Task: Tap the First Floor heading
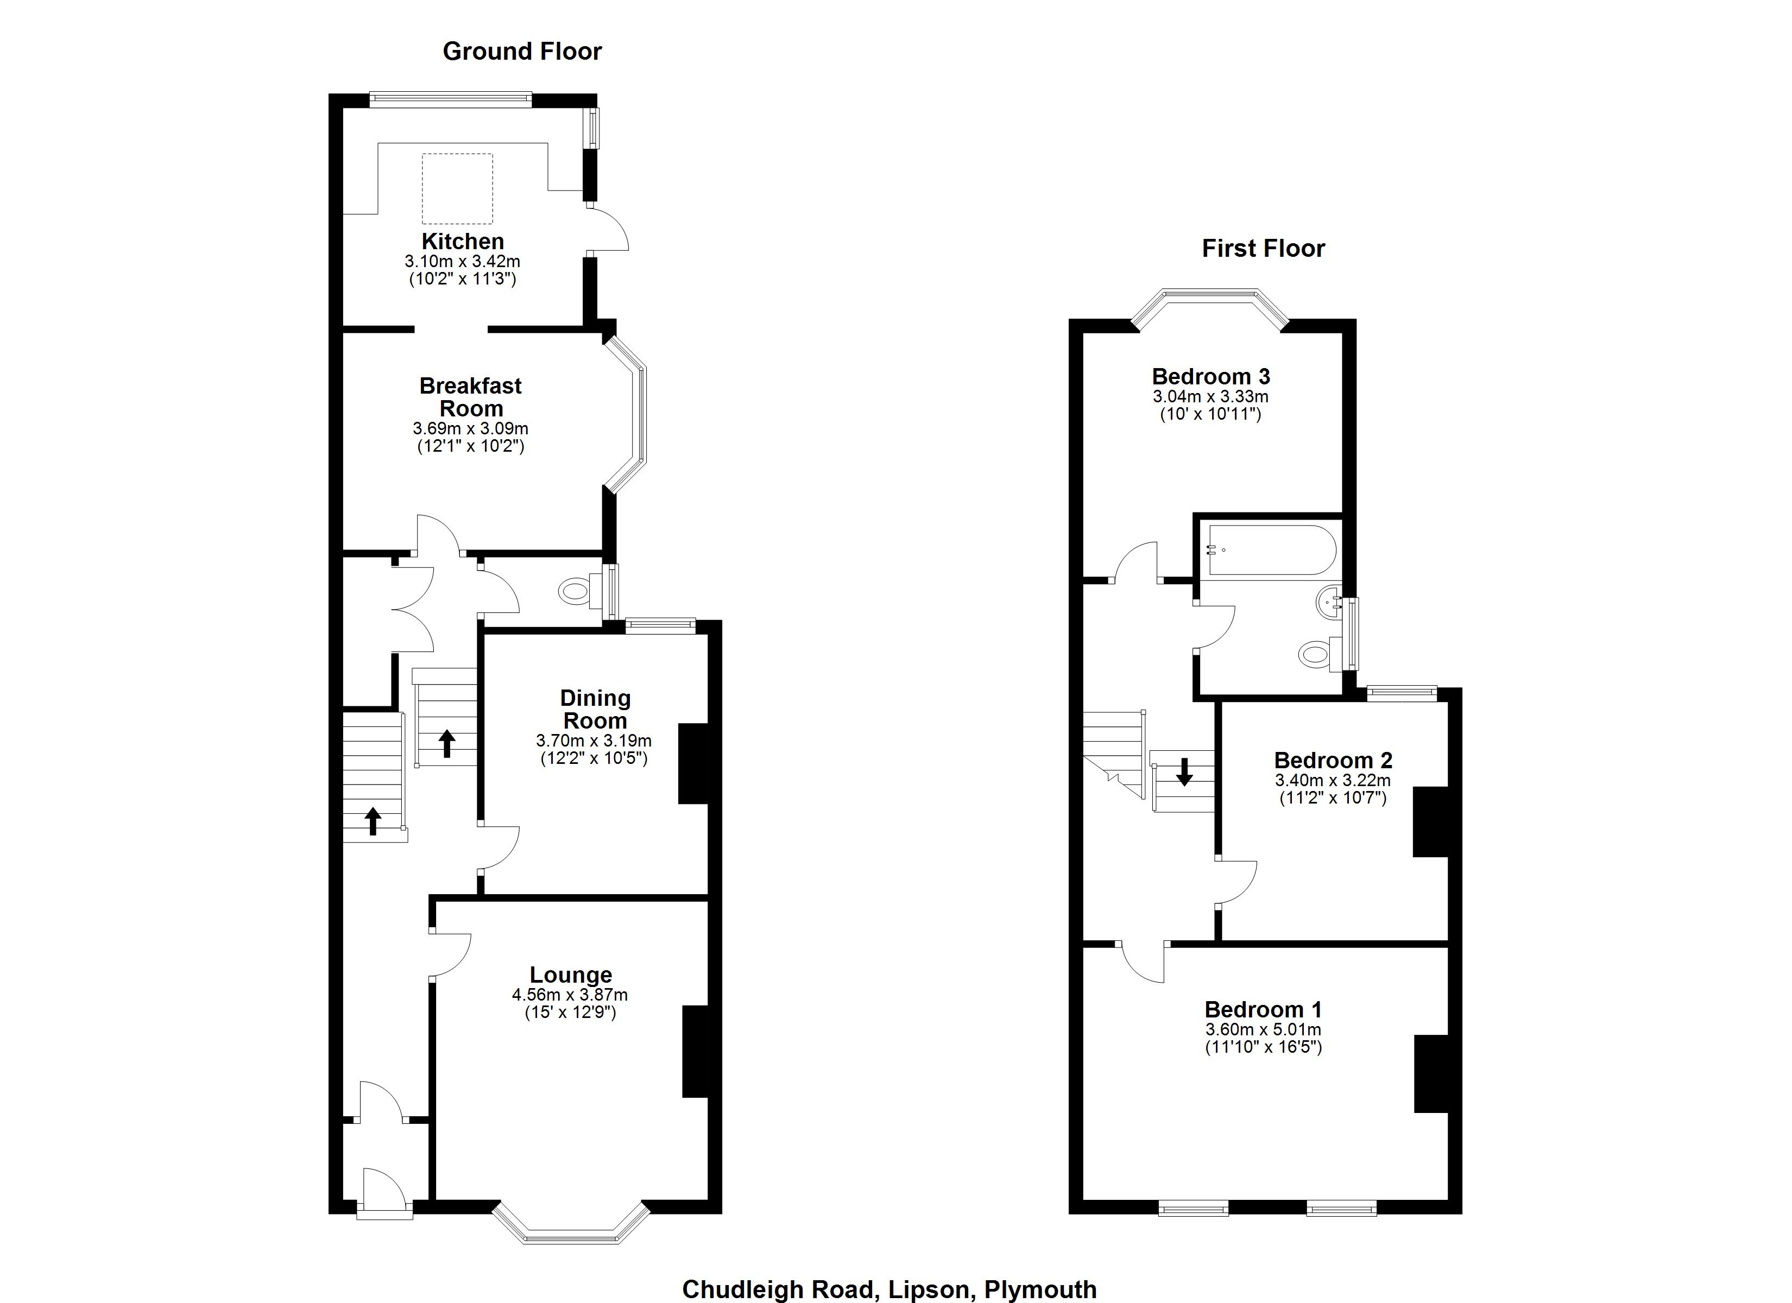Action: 1263,248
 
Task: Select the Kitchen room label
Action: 462,241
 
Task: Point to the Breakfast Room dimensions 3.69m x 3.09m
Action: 470,429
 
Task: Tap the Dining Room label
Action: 595,709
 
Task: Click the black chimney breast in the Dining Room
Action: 693,763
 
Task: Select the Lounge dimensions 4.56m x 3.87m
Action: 569,995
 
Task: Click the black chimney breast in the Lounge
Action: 695,1051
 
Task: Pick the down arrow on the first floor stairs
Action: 1184,772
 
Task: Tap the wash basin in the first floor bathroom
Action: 1330,602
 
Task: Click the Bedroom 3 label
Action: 1210,376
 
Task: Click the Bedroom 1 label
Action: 1263,1009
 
